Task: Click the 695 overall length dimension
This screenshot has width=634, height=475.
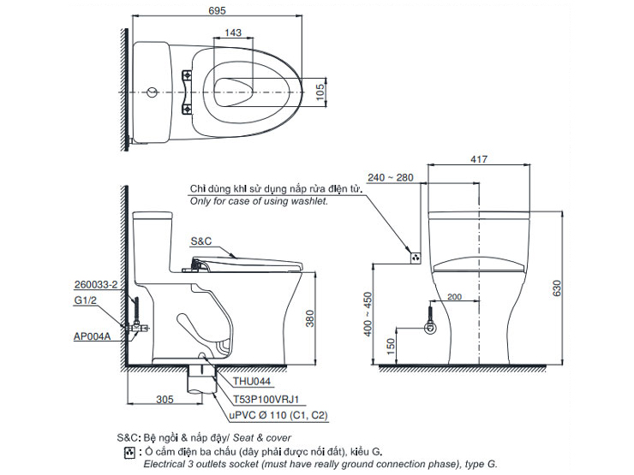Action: pos(216,9)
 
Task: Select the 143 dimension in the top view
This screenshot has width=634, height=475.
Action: pos(232,33)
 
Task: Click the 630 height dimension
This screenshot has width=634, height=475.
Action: pos(558,290)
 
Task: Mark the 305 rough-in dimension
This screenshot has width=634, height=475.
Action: pos(166,398)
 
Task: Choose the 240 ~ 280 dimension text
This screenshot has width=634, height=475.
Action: pos(393,178)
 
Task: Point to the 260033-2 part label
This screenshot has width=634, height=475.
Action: pos(95,283)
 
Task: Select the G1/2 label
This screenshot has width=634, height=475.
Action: pos(85,300)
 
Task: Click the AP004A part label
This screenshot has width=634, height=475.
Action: pos(93,336)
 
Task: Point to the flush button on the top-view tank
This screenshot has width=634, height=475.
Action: pos(152,91)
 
